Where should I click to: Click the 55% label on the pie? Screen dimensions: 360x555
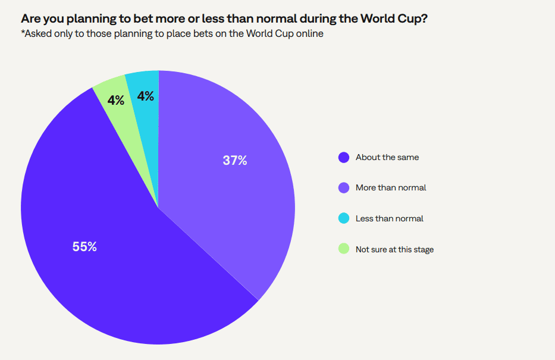pyautogui.click(x=84, y=246)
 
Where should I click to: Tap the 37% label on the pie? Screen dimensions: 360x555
pyautogui.click(x=235, y=160)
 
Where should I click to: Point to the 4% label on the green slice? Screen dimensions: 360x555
pyautogui.click(x=116, y=101)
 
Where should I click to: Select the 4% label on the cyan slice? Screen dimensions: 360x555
pyautogui.click(x=146, y=96)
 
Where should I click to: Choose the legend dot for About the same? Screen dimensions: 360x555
pyautogui.click(x=344, y=158)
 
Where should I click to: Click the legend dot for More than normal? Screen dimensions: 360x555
pyautogui.click(x=344, y=188)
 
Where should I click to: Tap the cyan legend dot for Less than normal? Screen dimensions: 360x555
pyautogui.click(x=344, y=219)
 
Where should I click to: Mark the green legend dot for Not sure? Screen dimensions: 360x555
pyautogui.click(x=344, y=249)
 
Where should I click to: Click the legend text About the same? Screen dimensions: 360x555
pyautogui.click(x=387, y=158)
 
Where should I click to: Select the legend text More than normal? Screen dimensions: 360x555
pyautogui.click(x=391, y=188)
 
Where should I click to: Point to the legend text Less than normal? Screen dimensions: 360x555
pyautogui.click(x=390, y=219)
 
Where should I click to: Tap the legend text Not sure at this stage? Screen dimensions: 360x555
pyautogui.click(x=394, y=250)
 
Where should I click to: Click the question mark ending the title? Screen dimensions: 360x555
pyautogui.click(x=424, y=18)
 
